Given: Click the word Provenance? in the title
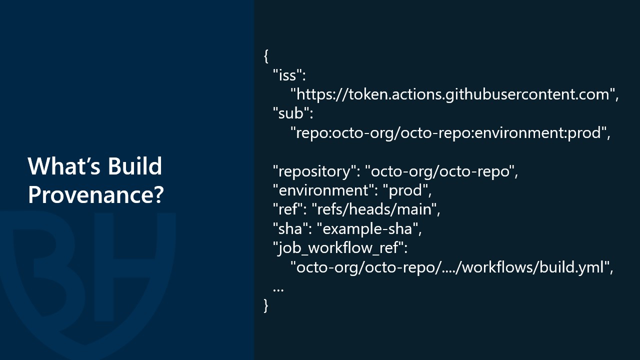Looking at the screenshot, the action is [95, 194].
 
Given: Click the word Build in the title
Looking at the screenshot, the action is [135, 166].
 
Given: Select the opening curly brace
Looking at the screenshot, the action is [266, 55].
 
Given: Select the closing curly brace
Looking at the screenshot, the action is [266, 305].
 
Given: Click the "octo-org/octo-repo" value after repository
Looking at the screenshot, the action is [441, 171].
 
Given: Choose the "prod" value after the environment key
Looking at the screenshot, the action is [407, 190].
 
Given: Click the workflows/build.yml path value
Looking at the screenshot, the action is [451, 267].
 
